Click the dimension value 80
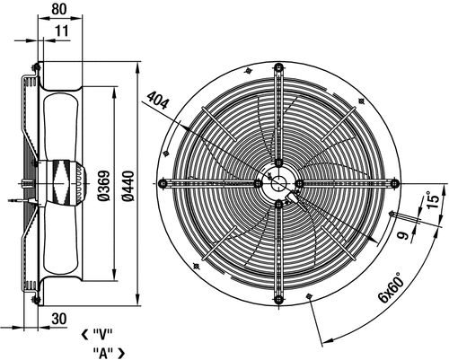59,9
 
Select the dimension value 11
62,31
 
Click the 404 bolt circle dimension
158,100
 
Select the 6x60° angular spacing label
391,287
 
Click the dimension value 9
404,235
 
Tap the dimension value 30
59,319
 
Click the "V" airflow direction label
102,335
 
